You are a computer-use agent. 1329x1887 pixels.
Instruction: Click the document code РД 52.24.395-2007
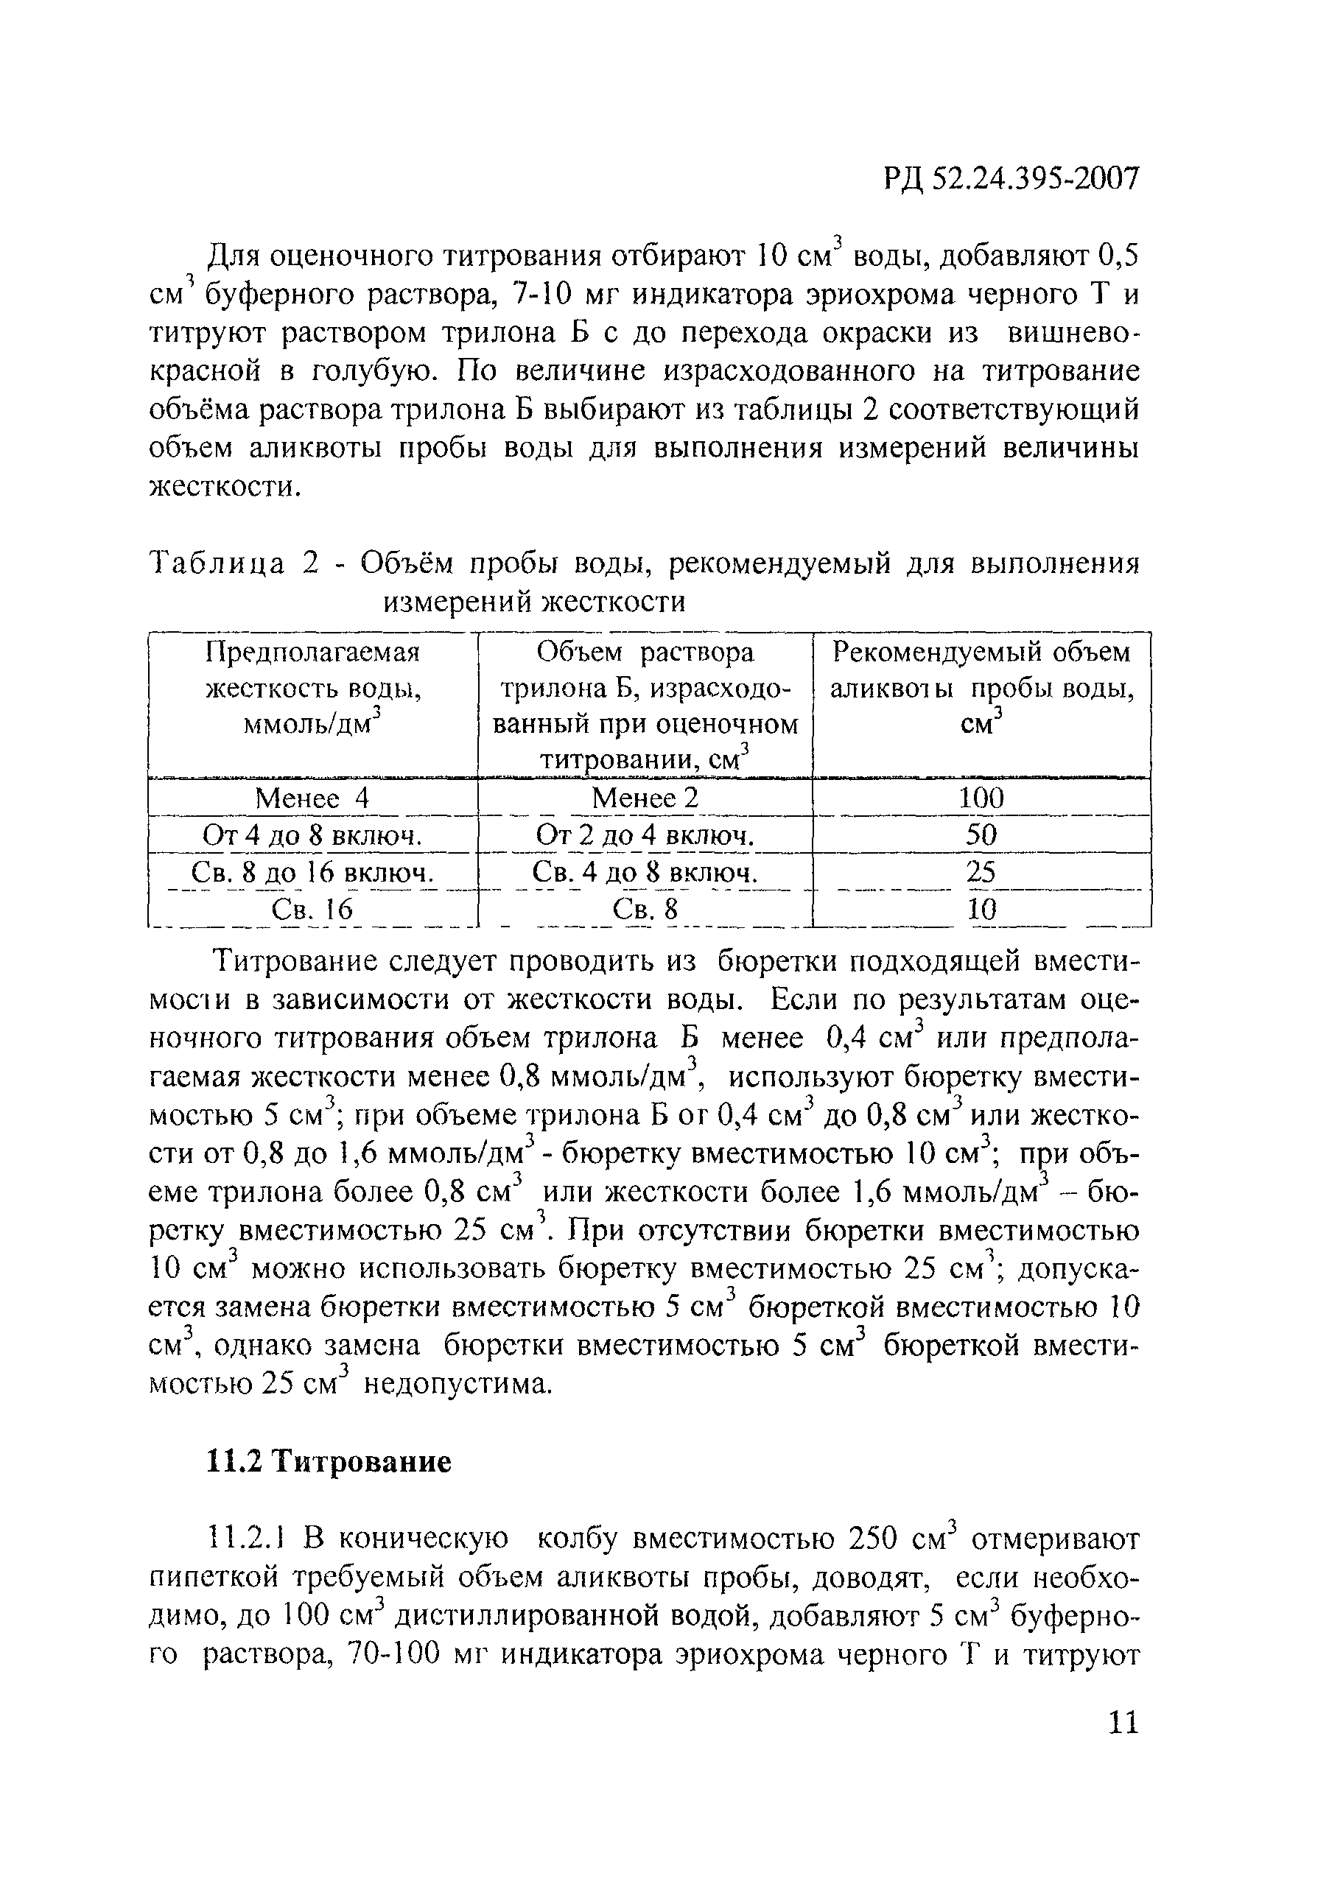click(x=1011, y=178)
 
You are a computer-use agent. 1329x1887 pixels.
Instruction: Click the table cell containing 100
click(x=981, y=797)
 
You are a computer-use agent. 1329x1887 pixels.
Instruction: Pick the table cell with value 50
click(x=981, y=835)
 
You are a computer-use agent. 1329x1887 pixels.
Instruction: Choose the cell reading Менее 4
click(x=312, y=797)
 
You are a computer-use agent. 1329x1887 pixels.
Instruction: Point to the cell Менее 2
click(x=645, y=797)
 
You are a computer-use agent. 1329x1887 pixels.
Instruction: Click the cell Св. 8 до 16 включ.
click(x=312, y=872)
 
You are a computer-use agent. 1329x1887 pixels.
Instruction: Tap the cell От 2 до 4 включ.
click(x=645, y=835)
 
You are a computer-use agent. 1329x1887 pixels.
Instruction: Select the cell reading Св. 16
click(x=312, y=909)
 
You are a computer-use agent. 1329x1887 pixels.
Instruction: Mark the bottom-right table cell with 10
click(x=981, y=909)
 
